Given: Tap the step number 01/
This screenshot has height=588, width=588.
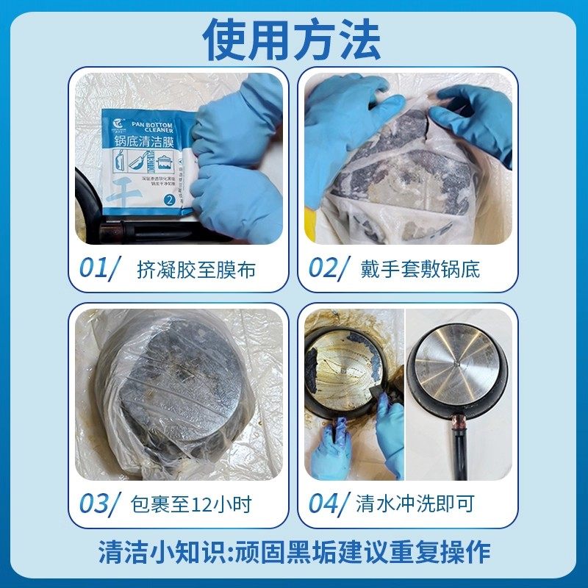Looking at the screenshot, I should [x=98, y=268].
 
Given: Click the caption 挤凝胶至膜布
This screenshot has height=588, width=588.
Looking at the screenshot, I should [x=196, y=269].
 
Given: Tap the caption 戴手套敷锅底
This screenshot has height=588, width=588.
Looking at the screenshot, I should [x=420, y=269].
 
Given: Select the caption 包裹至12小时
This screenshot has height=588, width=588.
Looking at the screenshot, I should [x=190, y=504].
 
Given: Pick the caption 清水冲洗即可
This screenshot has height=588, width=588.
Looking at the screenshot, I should [x=415, y=504].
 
